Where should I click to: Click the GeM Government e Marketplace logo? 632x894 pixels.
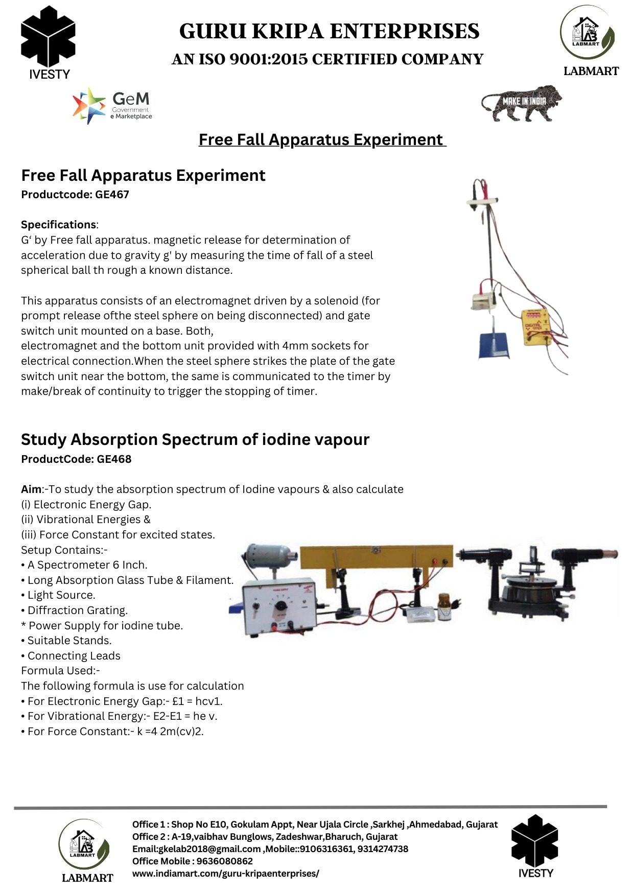tap(112, 106)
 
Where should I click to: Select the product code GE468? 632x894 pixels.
tap(114, 459)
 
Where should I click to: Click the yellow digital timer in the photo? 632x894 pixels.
tap(534, 326)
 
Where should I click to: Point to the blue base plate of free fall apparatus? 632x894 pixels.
tap(494, 345)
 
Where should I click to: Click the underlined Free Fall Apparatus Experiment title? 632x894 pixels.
tap(322, 140)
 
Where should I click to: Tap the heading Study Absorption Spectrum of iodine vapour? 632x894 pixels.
tap(195, 440)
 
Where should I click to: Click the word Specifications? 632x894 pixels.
tap(58, 225)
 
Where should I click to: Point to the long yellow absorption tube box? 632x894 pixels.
tap(377, 557)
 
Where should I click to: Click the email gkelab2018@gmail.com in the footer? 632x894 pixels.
tap(196, 849)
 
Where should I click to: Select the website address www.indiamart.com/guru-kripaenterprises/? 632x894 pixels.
tap(225, 874)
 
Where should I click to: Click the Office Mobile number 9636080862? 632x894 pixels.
tap(224, 861)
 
